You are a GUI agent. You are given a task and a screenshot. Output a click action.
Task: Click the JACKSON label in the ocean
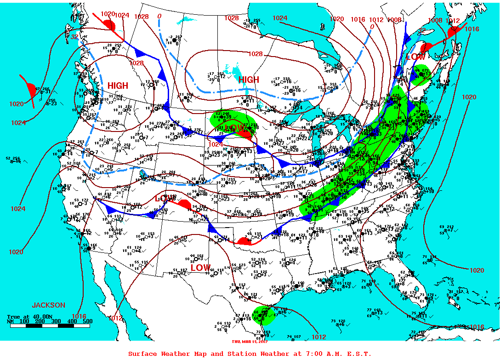click(x=48, y=305)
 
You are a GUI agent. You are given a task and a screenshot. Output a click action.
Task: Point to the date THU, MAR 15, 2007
click(x=250, y=341)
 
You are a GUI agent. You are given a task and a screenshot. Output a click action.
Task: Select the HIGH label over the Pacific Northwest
click(x=118, y=86)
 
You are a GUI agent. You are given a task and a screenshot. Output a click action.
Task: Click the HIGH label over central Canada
click(x=249, y=80)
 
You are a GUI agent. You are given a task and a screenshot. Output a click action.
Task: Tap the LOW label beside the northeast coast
click(x=415, y=57)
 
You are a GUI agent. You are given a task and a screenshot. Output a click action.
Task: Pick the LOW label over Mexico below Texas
click(x=200, y=268)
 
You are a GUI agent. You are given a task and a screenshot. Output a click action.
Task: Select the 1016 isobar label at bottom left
click(x=79, y=316)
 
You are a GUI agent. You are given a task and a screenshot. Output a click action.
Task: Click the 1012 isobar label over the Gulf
click(x=318, y=337)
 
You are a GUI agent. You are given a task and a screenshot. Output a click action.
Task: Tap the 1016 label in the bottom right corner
click(x=477, y=327)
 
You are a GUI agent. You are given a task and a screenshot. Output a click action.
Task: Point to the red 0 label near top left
click(x=159, y=16)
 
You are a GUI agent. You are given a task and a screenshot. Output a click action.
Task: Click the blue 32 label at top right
click(x=421, y=30)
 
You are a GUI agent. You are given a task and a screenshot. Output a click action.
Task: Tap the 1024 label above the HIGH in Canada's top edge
click(x=280, y=18)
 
